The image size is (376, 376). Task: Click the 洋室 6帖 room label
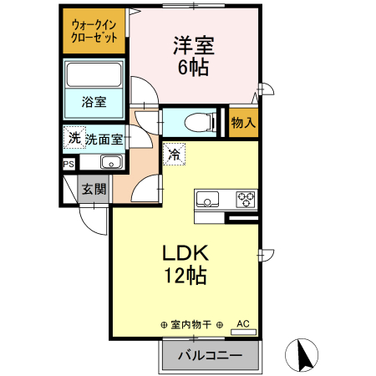coord(191,55)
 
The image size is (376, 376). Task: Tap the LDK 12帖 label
coord(185,264)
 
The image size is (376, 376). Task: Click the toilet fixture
coord(192,121)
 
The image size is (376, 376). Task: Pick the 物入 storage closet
coord(243,123)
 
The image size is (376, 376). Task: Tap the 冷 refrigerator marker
coord(175,153)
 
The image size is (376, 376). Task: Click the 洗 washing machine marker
coord(74,138)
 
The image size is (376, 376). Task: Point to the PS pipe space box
coord(68,165)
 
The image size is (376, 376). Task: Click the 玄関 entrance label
coord(93,189)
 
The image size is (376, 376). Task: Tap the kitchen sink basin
coord(207,199)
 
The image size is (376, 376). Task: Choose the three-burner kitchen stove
coord(246,199)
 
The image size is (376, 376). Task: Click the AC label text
coord(243,322)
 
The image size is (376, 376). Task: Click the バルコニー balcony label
coord(211,356)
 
